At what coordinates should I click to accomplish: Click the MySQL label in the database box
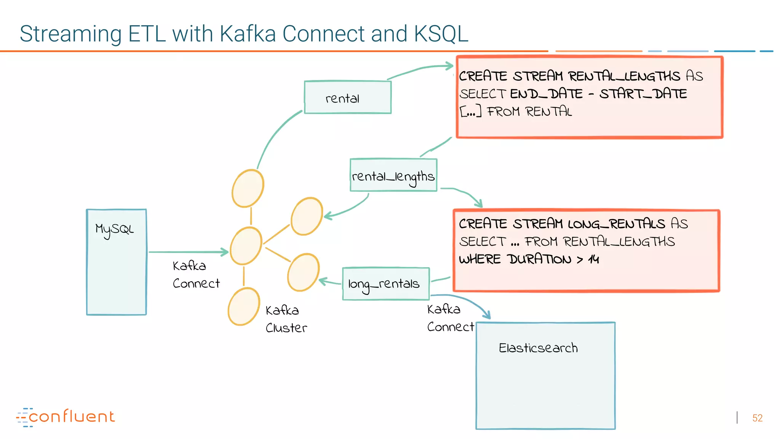[114, 229]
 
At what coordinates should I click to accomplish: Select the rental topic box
[347, 98]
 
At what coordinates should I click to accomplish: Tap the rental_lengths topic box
[393, 176]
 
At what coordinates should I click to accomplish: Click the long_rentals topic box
[385, 284]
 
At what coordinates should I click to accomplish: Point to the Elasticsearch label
[538, 348]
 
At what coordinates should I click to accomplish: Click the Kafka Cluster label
[286, 319]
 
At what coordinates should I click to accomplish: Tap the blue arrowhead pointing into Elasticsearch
[487, 315]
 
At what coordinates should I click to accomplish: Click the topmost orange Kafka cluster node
[248, 188]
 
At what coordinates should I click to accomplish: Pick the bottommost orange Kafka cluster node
[244, 307]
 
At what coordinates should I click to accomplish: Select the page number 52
[757, 418]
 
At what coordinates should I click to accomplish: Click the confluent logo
[66, 417]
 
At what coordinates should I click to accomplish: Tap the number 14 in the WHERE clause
[593, 260]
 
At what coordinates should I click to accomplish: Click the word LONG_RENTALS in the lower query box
[616, 224]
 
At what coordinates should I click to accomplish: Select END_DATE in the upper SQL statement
[546, 94]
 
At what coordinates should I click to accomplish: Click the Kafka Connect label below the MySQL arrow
[196, 274]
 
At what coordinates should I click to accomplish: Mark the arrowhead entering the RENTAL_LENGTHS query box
[449, 66]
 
